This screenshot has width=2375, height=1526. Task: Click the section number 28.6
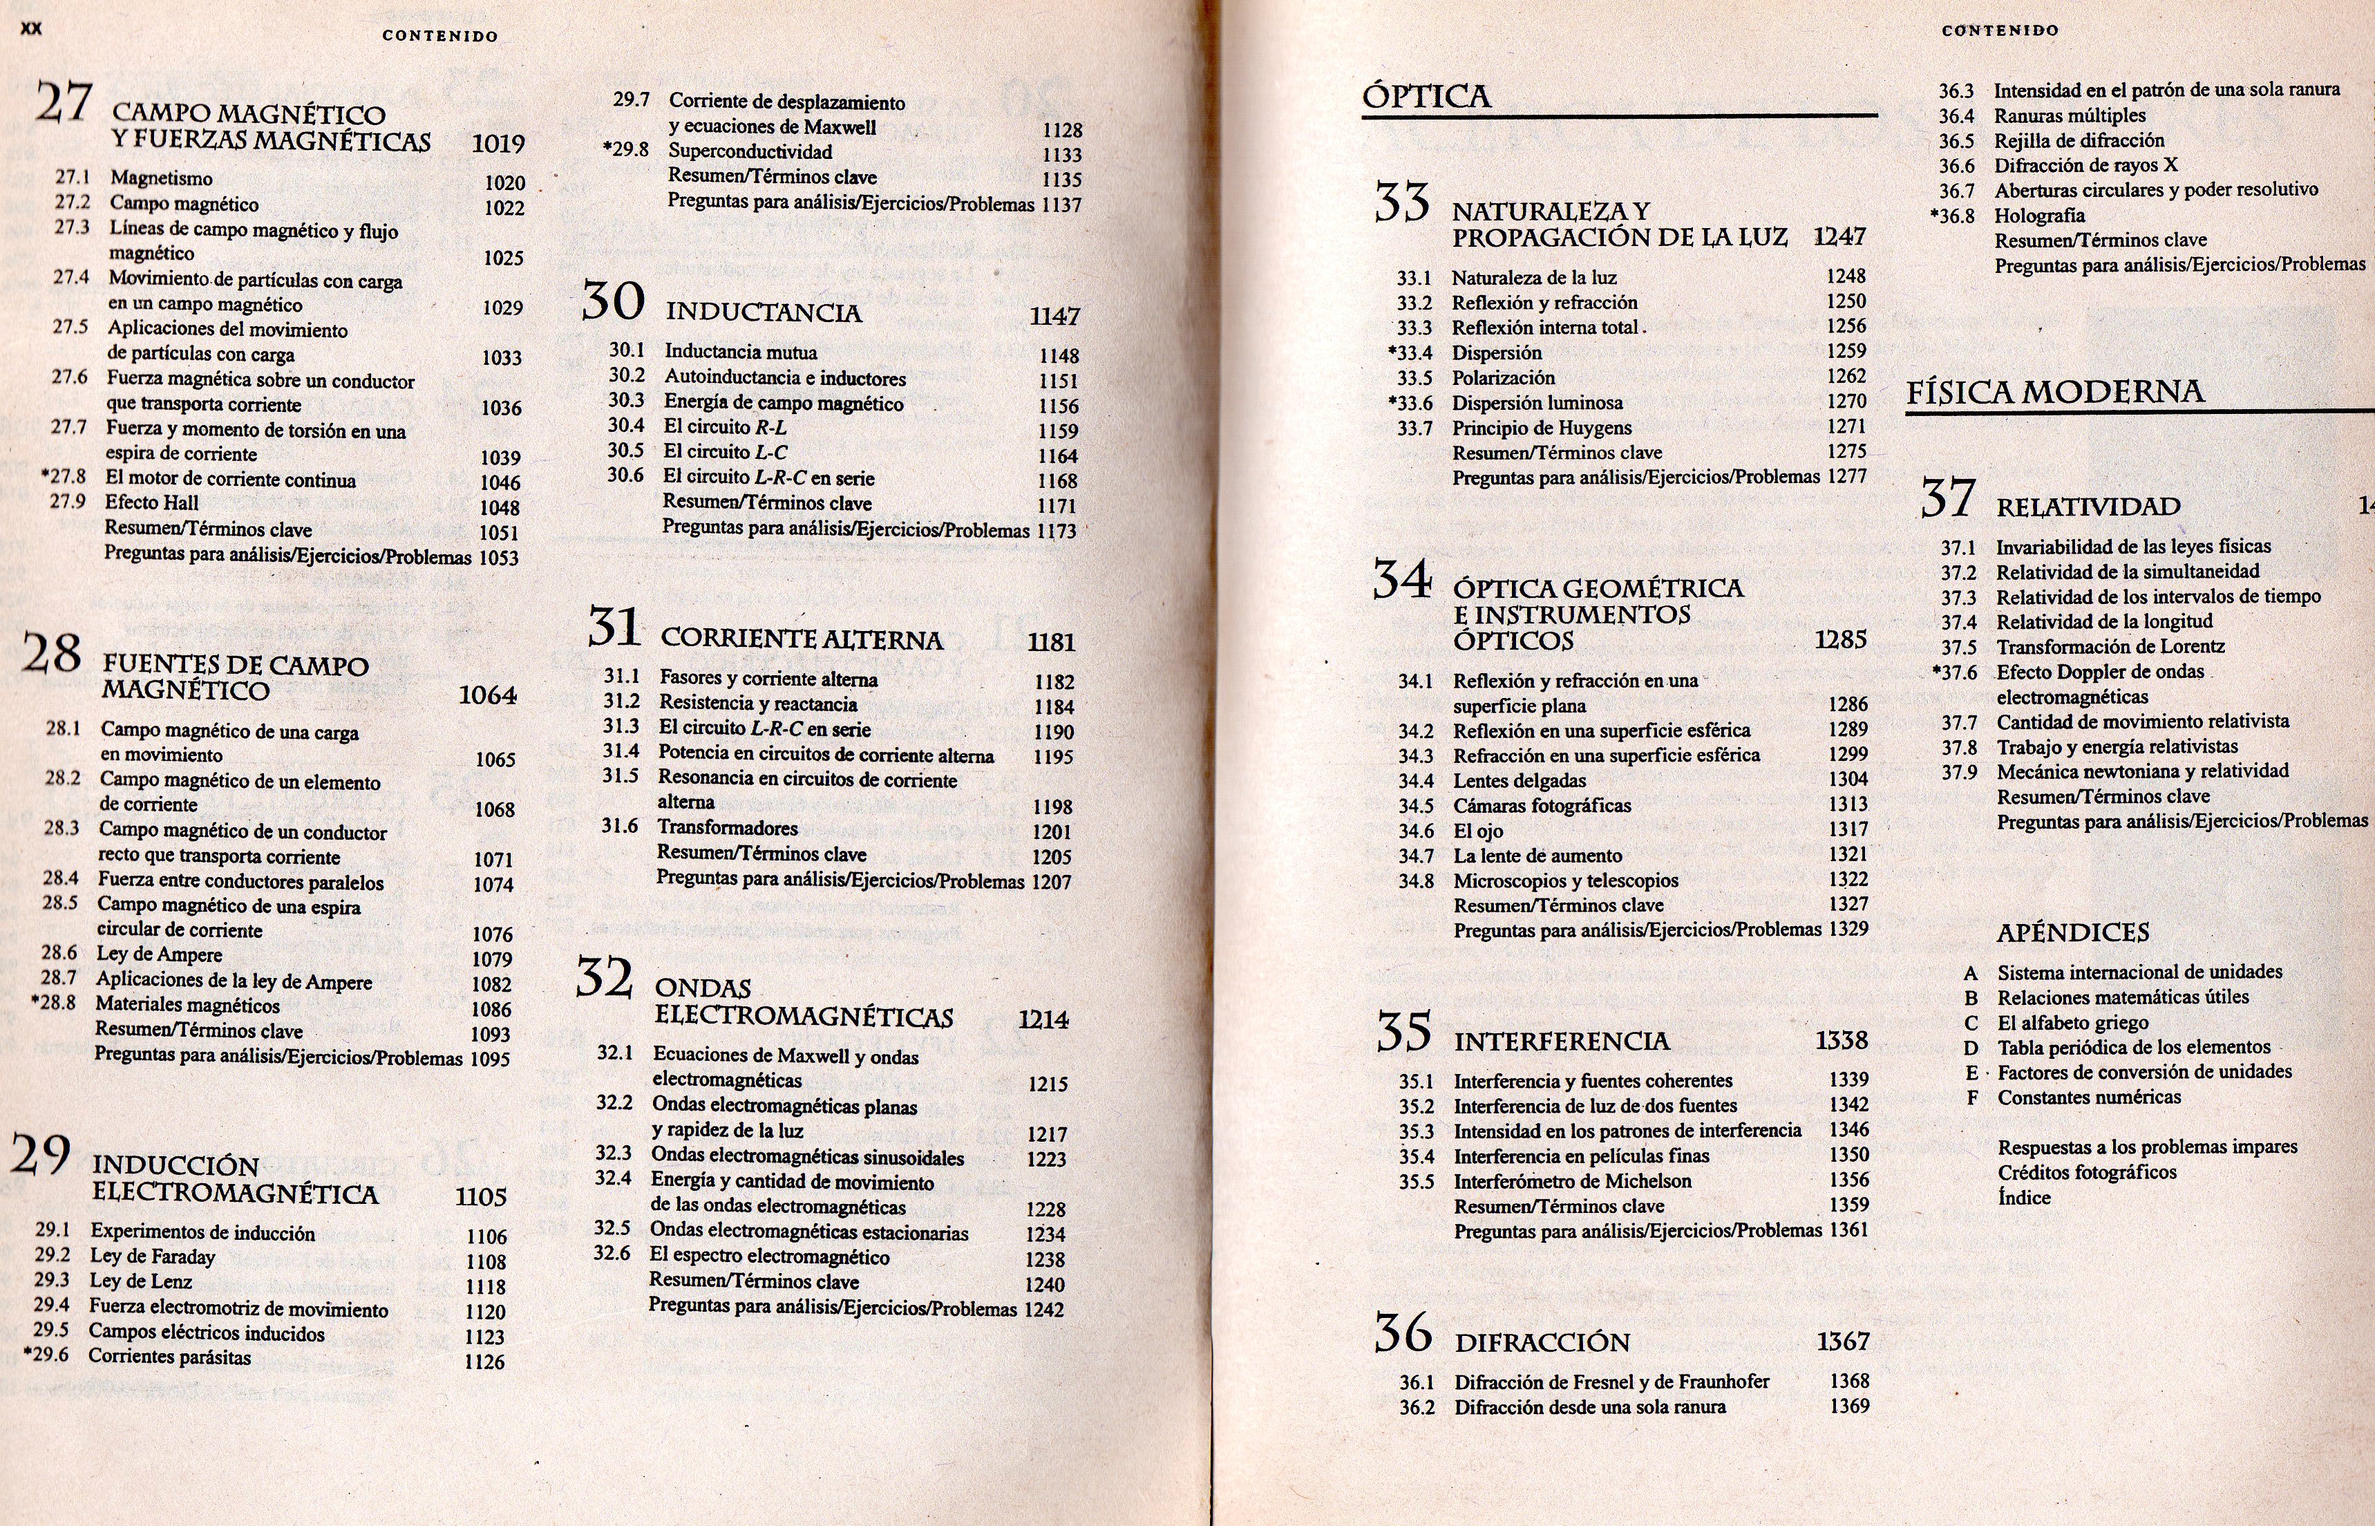point(59,952)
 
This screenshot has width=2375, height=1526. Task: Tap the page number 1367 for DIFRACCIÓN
point(1842,1341)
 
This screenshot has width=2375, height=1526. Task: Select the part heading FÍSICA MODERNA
point(2055,393)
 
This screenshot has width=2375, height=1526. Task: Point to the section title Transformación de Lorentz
point(2110,646)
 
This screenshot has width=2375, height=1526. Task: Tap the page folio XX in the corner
point(32,29)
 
